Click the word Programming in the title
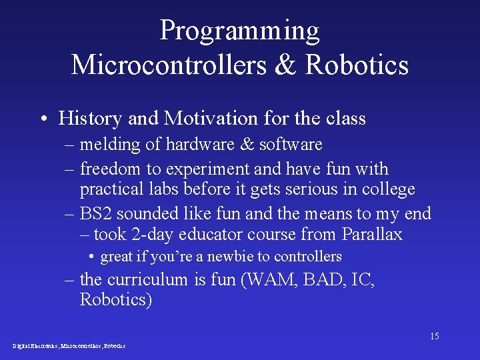pos(239,31)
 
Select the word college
pos(388,189)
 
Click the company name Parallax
pos(371,234)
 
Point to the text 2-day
pos(160,235)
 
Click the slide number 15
pos(434,336)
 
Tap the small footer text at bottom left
pos(69,346)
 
